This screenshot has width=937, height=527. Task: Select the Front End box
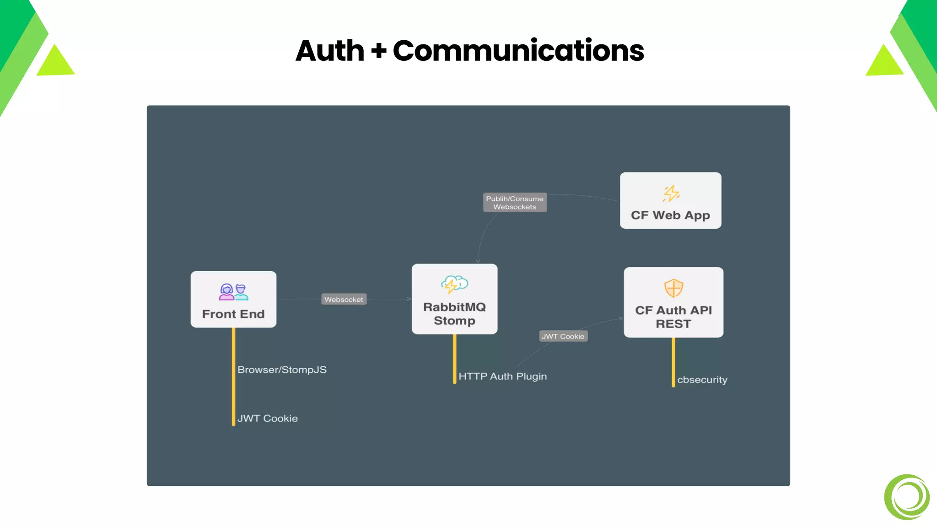pyautogui.click(x=233, y=300)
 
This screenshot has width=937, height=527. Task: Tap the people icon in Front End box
pyautogui.click(x=233, y=292)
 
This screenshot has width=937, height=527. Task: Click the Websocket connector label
pyautogui.click(x=344, y=300)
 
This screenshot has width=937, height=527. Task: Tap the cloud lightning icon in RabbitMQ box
pyautogui.click(x=454, y=284)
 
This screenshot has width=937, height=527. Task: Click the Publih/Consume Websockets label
pyautogui.click(x=515, y=203)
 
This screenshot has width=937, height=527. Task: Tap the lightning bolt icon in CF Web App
pyautogui.click(x=671, y=194)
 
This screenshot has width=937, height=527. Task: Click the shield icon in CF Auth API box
pyautogui.click(x=673, y=288)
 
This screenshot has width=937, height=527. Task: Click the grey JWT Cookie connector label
pyautogui.click(x=563, y=336)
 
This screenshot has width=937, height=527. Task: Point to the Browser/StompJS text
pyautogui.click(x=282, y=370)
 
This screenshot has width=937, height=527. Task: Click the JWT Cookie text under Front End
pyautogui.click(x=267, y=419)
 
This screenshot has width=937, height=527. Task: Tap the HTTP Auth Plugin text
pyautogui.click(x=502, y=376)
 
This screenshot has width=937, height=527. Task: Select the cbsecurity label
pyautogui.click(x=702, y=380)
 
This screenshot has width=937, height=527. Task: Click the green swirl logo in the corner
pyautogui.click(x=907, y=497)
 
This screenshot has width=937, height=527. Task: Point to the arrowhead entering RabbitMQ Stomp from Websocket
pyautogui.click(x=409, y=299)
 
